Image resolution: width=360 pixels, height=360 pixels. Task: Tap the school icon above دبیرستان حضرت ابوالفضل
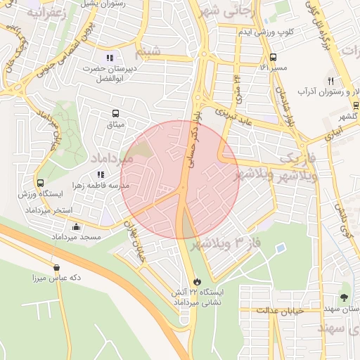(109, 58)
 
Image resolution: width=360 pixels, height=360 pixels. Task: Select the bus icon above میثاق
(115, 112)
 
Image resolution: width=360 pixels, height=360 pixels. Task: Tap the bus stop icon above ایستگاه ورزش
(40, 183)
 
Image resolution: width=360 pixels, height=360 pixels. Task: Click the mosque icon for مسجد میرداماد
(76, 226)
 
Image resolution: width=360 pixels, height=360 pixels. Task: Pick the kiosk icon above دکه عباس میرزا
(56, 266)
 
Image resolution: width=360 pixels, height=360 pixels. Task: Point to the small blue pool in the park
(281, 248)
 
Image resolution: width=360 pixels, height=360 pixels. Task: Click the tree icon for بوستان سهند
(344, 297)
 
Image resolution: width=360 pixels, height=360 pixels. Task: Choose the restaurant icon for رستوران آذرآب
(331, 81)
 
